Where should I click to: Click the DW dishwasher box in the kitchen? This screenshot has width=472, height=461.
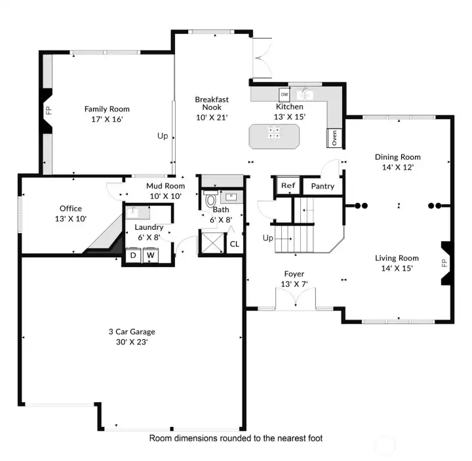click(284, 94)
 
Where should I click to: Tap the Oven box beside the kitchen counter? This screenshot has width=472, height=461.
click(334, 138)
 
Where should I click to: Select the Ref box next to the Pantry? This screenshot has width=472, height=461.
click(286, 186)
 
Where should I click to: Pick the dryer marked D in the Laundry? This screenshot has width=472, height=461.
click(132, 255)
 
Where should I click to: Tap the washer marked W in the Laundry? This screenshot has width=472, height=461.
click(150, 255)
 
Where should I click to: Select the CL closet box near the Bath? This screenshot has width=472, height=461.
click(234, 244)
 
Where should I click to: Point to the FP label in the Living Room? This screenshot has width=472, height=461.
click(444, 263)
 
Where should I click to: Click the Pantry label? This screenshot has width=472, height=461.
click(323, 186)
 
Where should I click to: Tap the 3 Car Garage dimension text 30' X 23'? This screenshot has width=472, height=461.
click(132, 341)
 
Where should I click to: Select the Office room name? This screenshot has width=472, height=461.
click(71, 209)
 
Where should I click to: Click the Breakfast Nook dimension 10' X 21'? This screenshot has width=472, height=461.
click(212, 117)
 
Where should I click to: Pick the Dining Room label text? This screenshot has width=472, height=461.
click(397, 157)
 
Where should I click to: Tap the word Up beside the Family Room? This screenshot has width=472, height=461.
click(162, 136)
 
